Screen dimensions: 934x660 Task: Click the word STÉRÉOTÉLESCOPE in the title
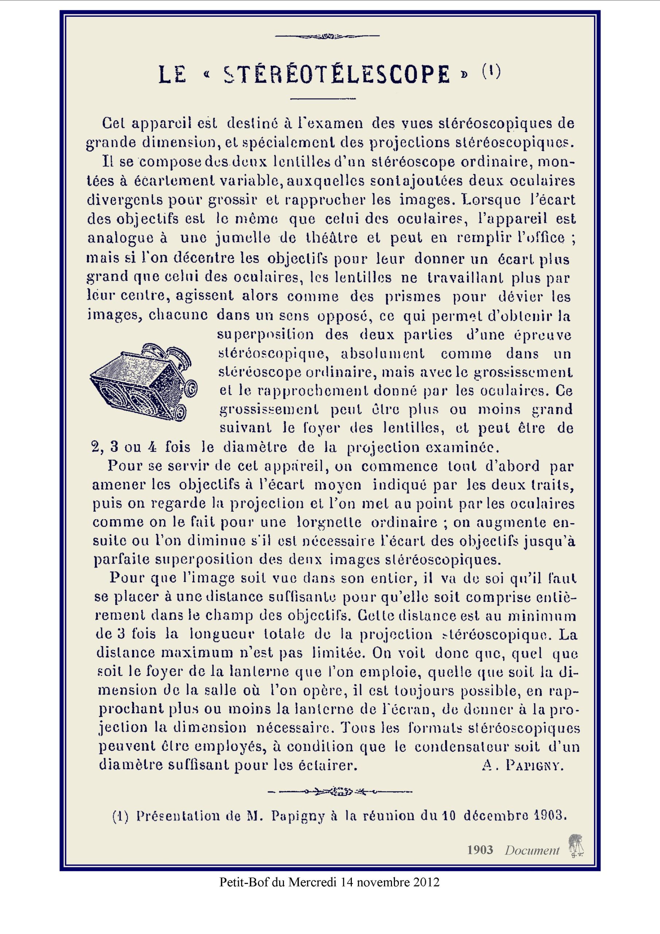click(x=337, y=75)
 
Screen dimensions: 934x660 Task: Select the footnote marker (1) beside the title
click(x=491, y=72)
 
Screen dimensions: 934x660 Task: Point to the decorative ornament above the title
click(x=327, y=36)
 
